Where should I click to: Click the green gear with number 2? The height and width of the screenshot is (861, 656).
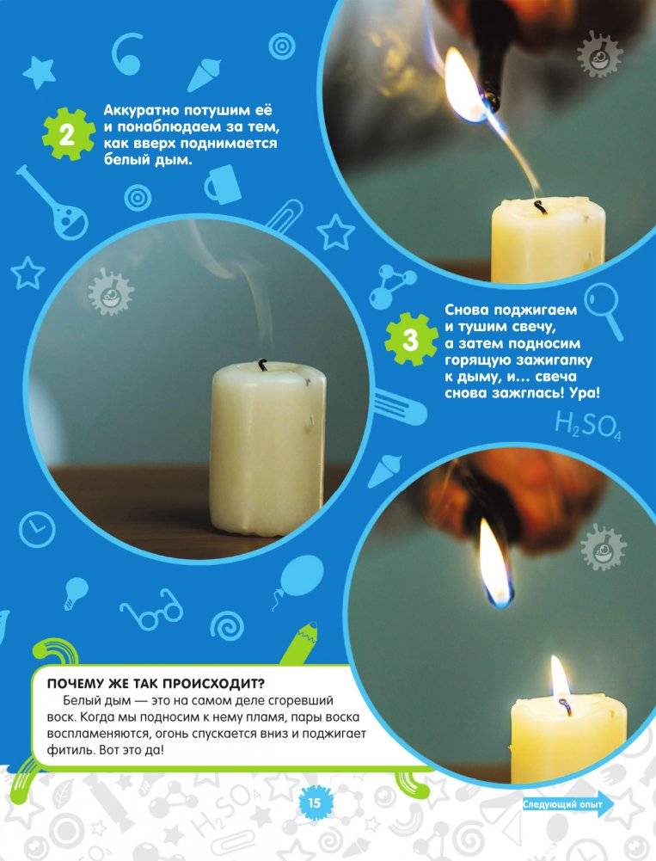66,134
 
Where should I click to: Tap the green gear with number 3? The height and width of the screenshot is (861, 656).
411,340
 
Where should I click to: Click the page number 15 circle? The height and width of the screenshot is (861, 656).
314,803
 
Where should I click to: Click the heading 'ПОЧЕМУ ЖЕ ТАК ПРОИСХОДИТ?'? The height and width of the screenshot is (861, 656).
156,684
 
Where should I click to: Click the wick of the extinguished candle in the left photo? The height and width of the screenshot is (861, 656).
262,365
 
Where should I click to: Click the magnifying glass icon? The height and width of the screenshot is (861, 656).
604,311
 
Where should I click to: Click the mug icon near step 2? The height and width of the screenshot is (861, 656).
222,184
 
